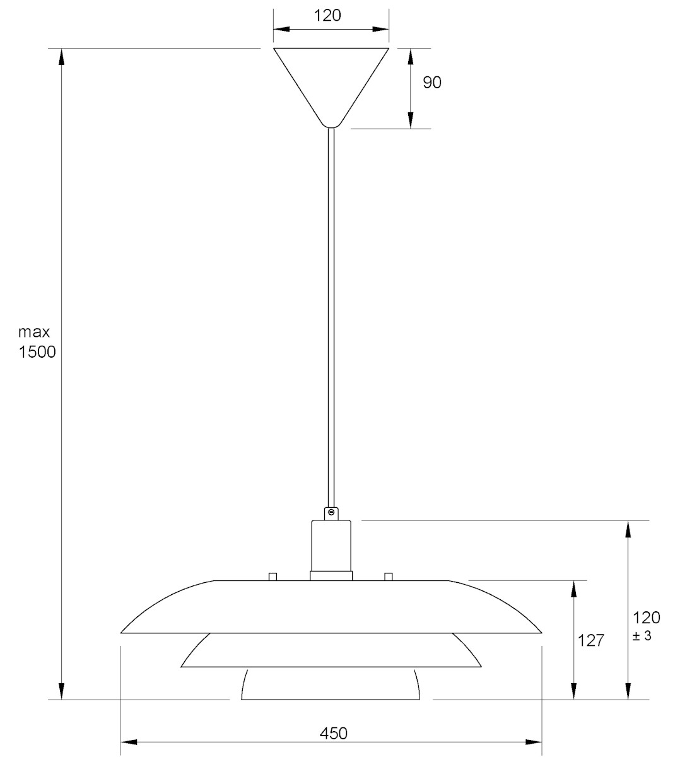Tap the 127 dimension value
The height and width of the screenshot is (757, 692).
click(x=591, y=641)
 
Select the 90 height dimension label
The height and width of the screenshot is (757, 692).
click(x=432, y=82)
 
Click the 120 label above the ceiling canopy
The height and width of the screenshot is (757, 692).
click(x=327, y=16)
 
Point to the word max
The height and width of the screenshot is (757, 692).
click(x=34, y=332)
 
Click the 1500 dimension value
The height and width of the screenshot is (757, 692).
click(x=37, y=352)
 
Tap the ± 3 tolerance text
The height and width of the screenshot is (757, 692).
click(x=642, y=636)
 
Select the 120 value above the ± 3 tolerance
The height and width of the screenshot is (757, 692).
click(x=647, y=618)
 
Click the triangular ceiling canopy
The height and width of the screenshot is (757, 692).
click(x=331, y=87)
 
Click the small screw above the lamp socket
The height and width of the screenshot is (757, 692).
click(x=331, y=512)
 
